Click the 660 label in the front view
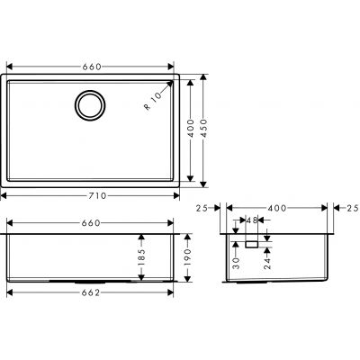[x=91, y=222]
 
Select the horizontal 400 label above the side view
[x=278, y=208]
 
